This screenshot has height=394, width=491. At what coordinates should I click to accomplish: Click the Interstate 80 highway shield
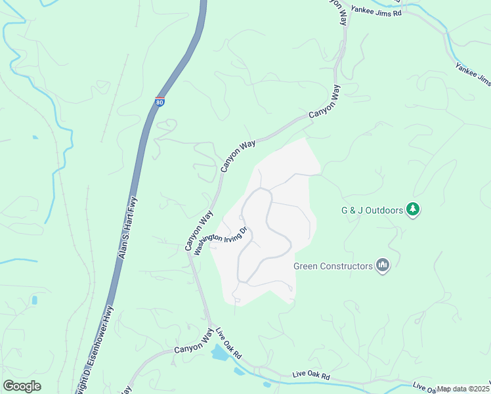(160, 101)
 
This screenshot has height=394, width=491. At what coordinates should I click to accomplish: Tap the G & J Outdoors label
(371, 210)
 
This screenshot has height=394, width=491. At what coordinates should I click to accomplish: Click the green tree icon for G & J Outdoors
(413, 209)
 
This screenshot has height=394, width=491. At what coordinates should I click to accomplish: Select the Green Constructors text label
(332, 266)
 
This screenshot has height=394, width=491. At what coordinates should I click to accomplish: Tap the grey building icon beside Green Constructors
(383, 265)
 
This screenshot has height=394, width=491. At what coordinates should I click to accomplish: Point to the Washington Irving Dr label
(220, 242)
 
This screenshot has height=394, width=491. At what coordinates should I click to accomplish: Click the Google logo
(22, 386)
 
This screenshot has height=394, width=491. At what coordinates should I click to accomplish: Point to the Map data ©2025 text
(463, 389)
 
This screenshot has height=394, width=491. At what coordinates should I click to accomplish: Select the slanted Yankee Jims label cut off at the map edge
(473, 74)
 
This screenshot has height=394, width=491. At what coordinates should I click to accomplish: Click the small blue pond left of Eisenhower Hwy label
(33, 300)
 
